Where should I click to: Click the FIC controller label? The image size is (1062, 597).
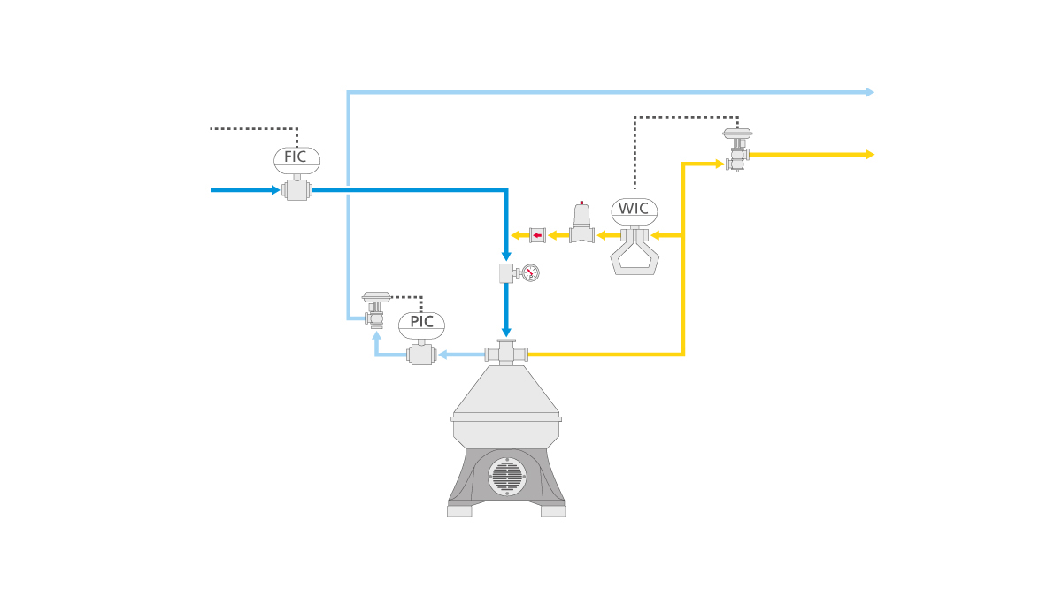(296, 158)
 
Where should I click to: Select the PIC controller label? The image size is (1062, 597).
(421, 323)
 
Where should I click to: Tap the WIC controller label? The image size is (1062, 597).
(634, 210)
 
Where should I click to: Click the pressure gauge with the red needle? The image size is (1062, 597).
(530, 272)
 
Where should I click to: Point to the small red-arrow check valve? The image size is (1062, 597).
(537, 235)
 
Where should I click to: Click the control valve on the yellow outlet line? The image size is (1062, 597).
(737, 149)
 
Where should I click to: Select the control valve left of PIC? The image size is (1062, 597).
(376, 309)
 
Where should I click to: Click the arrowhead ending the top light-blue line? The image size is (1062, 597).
(869, 92)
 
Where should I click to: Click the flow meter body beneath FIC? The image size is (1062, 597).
(296, 190)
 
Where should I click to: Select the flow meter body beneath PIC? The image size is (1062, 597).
(421, 355)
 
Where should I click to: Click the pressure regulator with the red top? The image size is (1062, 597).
(581, 224)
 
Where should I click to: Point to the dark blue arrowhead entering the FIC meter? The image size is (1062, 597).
(275, 190)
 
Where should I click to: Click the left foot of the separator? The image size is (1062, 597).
(459, 510)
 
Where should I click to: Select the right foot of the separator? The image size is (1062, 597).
(553, 510)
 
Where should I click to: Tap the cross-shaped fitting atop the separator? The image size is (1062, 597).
(506, 354)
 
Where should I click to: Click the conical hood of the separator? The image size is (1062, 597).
(506, 389)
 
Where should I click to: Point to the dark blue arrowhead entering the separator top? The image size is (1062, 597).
(506, 332)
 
